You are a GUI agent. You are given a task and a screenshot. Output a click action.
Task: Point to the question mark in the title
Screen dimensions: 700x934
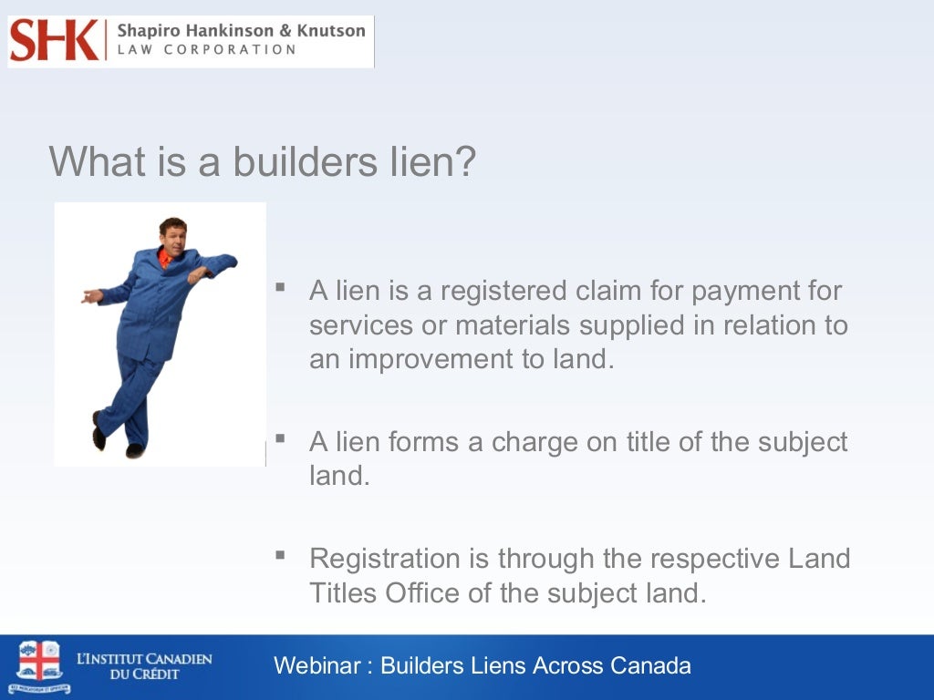click(465, 161)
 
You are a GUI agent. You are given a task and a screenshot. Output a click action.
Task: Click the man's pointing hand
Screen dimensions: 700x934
click(91, 296)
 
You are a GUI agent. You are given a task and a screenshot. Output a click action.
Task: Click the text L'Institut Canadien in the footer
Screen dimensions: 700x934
click(144, 658)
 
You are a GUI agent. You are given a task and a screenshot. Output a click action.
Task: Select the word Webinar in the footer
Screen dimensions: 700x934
click(317, 665)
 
